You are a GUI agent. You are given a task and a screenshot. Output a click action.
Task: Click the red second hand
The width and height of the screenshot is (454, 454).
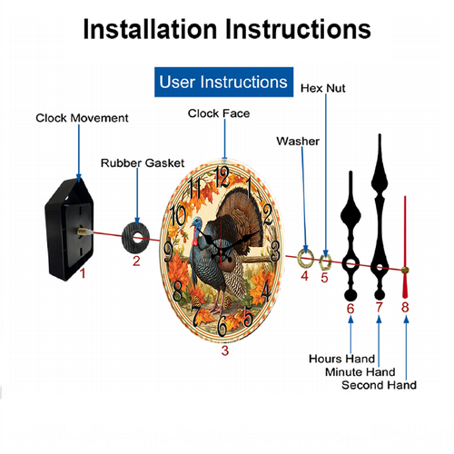pyautogui.click(x=405, y=247)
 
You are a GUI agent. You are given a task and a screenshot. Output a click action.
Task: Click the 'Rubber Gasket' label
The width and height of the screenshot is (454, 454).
pyautogui.click(x=143, y=163)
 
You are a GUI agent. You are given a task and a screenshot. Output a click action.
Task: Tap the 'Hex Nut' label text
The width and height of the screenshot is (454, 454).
pyautogui.click(x=323, y=88)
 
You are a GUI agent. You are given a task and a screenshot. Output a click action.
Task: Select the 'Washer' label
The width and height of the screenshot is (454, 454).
pyautogui.click(x=298, y=141)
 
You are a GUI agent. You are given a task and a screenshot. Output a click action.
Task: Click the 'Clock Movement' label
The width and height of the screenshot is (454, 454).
pyautogui.click(x=82, y=118)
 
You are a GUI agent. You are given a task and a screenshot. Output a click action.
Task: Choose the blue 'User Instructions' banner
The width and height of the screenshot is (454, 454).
pyautogui.click(x=223, y=82)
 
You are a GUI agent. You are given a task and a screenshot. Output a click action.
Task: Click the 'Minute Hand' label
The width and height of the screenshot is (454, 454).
pyautogui.click(x=360, y=371)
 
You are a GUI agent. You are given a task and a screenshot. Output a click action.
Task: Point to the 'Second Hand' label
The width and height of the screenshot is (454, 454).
pyautogui.click(x=379, y=385)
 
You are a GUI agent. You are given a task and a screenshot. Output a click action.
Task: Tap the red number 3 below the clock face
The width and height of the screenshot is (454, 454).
pyautogui.click(x=225, y=350)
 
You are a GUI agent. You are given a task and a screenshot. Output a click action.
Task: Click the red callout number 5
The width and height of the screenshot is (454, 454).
pyautogui.click(x=324, y=278)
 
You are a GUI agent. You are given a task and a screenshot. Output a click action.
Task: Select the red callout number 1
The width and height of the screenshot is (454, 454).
pyautogui.click(x=83, y=273)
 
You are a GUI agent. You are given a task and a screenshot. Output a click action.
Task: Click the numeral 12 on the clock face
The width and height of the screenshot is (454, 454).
pyautogui.click(x=222, y=177)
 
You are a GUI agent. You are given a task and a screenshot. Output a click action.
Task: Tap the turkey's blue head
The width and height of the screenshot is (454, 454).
pyautogui.click(x=197, y=223)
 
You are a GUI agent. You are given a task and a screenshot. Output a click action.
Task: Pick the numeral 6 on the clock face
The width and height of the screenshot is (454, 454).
pyautogui.click(x=222, y=326)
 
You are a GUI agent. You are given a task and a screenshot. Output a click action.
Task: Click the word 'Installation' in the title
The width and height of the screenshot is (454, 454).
pyautogui.click(x=150, y=29)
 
